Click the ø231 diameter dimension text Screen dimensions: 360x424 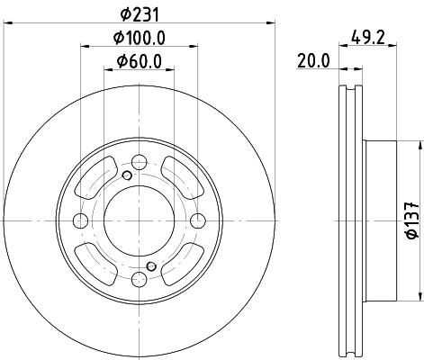[138, 13]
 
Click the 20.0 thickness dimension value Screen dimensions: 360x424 [314, 61]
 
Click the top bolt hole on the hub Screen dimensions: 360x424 [139, 162]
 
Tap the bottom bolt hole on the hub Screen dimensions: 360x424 [139, 281]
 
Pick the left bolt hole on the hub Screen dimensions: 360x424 [80, 221]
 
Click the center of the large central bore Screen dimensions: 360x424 [139, 221]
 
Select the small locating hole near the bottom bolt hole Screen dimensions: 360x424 [151, 266]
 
